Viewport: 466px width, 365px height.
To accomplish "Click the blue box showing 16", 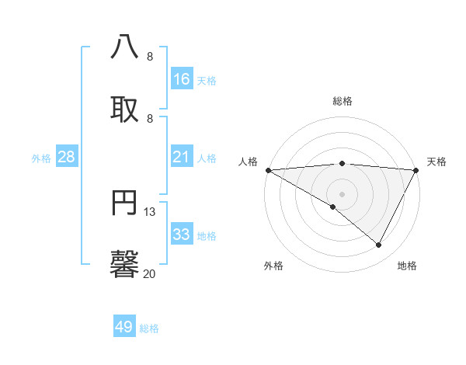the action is [182, 78].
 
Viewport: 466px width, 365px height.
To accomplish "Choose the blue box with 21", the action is [182, 157].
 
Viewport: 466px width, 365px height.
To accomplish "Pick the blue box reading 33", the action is [182, 235].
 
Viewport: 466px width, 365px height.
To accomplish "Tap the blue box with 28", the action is [67, 157].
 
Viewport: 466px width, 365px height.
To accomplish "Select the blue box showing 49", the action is [124, 327].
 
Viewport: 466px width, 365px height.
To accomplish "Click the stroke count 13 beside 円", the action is [150, 211].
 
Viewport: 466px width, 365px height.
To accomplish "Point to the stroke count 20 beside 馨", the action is [150, 273].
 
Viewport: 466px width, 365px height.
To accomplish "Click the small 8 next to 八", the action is [150, 56].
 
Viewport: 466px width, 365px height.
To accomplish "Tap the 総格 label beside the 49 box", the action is [150, 328].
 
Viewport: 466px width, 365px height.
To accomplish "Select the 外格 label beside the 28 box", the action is [41, 158].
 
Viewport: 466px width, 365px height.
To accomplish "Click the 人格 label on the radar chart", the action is [249, 162].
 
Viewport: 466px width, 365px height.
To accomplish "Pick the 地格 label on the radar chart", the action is [407, 266].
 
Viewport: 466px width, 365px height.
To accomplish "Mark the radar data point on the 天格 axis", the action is [416, 170].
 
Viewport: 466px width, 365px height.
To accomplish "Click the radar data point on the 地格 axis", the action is [379, 245].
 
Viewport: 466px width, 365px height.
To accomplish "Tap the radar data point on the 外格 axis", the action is [333, 207].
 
